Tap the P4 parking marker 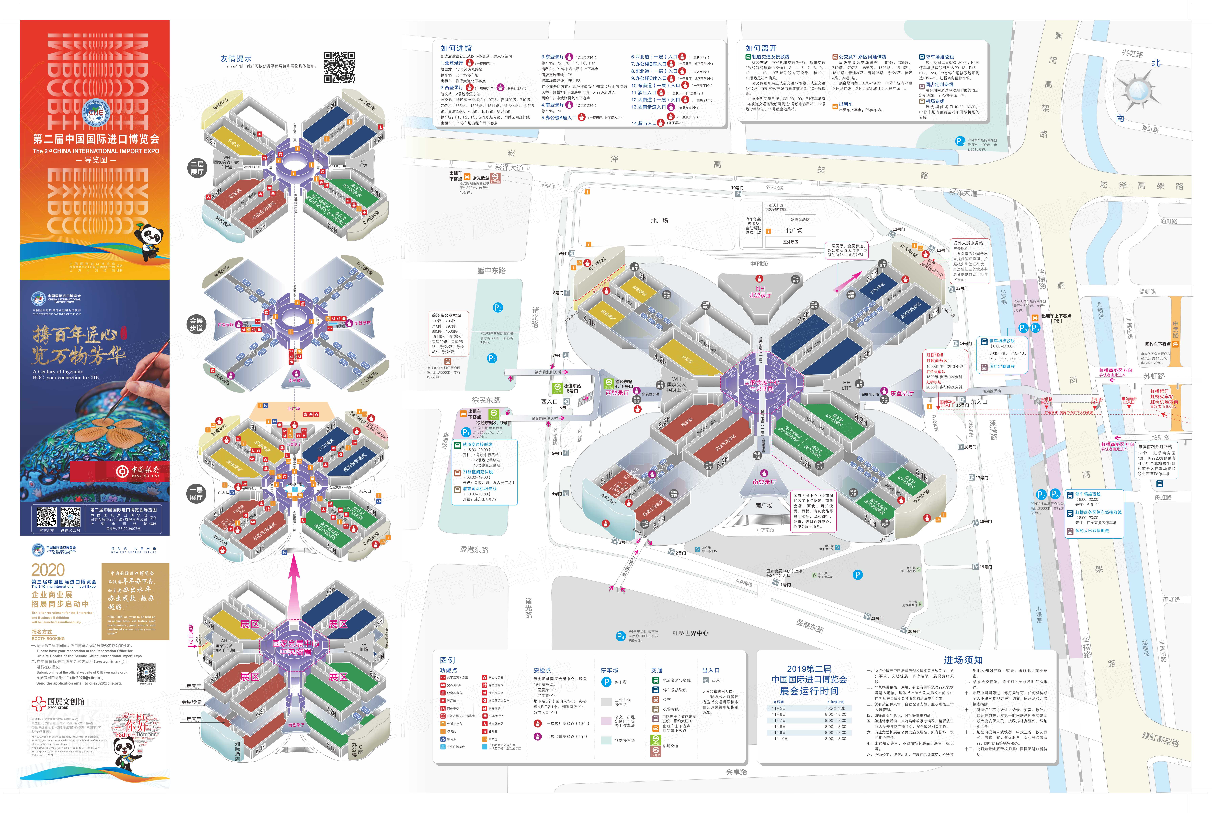click(x=620, y=636)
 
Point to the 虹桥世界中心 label click(x=690, y=633)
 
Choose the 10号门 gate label click(x=737, y=188)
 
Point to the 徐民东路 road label click(x=485, y=400)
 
